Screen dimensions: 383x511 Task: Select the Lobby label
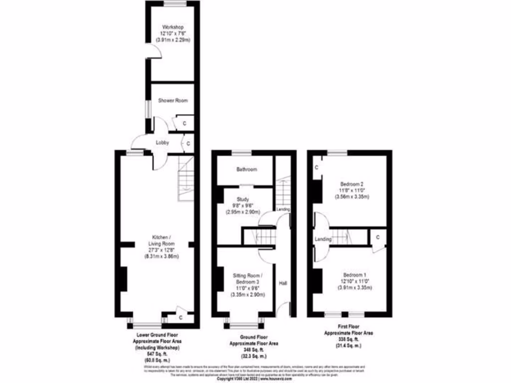(162, 143)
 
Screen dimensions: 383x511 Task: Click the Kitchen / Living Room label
(162, 240)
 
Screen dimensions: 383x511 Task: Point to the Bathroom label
(247, 170)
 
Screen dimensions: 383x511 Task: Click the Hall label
(283, 283)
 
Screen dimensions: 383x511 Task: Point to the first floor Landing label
(323, 239)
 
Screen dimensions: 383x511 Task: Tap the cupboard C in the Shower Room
(184, 123)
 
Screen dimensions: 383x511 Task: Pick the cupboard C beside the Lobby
(188, 143)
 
